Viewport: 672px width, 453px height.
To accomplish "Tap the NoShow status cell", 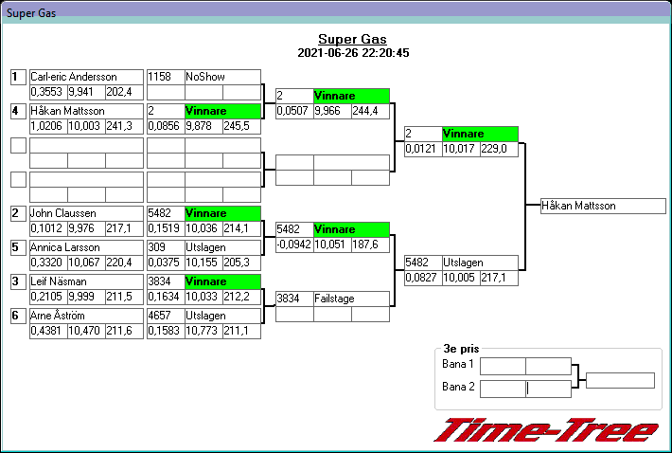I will pos(221,77).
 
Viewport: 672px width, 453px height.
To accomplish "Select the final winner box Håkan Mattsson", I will pos(603,206).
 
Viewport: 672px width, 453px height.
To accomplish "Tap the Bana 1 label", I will pos(457,365).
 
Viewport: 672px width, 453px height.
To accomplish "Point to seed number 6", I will pos(17,316).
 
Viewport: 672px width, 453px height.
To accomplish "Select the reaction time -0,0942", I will pos(293,245).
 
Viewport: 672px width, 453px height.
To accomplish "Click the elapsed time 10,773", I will pos(203,331).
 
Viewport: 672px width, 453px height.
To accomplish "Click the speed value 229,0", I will pos(497,149).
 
